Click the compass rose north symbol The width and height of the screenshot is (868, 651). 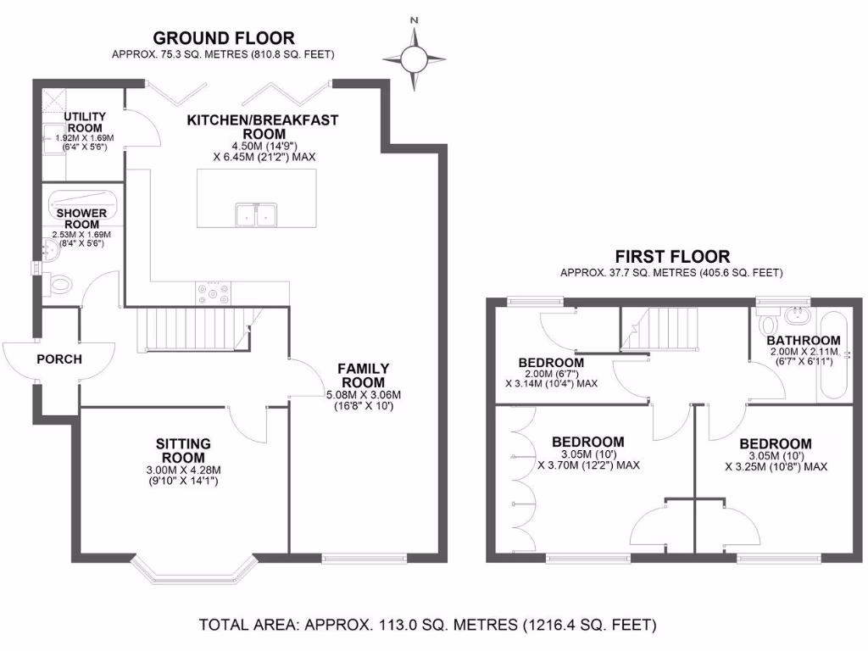414,57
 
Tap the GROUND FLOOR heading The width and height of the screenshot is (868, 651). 224,37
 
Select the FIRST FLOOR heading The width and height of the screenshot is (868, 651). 671,256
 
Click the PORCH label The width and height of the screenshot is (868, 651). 59,359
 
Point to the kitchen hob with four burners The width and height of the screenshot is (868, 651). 212,292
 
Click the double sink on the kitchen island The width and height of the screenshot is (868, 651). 255,214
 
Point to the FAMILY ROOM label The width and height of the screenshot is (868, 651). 364,375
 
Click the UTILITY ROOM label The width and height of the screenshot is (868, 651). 85,122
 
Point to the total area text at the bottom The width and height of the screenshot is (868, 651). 427,626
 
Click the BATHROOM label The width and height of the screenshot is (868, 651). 803,340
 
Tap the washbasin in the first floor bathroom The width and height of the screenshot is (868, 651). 797,317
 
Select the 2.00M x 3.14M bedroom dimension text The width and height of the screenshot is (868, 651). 551,377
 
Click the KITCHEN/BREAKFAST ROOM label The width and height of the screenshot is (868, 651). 263,126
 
